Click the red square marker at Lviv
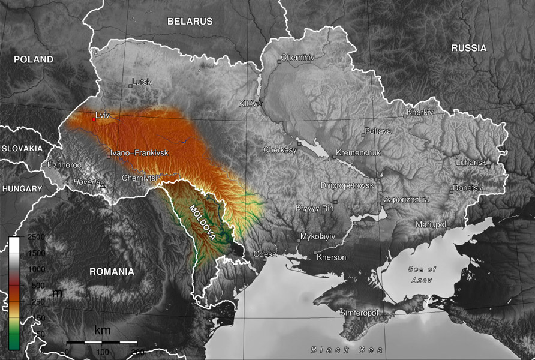click(x=94, y=119)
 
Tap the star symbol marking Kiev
click(x=260, y=103)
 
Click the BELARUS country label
click(x=190, y=21)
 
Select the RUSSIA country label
click(x=468, y=48)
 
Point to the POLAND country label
click(x=33, y=59)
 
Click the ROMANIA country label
click(x=112, y=271)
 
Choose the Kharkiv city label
click(x=420, y=112)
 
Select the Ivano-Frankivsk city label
click(x=139, y=154)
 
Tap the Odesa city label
click(x=265, y=254)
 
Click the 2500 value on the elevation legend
click(x=36, y=238)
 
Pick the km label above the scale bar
click(x=103, y=330)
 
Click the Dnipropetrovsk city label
click(x=347, y=185)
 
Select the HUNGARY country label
click(x=22, y=188)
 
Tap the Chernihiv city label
click(x=297, y=58)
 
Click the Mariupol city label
click(x=431, y=224)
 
